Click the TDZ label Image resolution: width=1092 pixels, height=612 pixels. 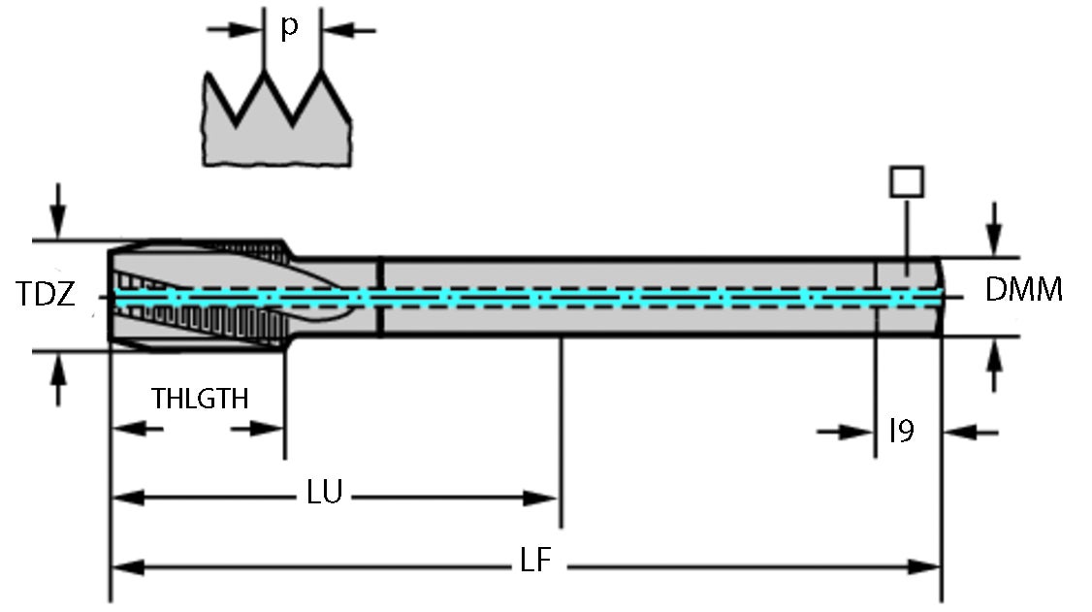point(46,295)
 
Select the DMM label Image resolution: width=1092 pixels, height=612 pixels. point(1023,289)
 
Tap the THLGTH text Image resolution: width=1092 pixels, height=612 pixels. point(200,399)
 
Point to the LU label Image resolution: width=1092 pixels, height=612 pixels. point(324,493)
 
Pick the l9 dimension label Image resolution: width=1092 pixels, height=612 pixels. point(902,431)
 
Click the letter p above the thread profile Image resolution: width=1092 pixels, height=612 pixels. point(289,27)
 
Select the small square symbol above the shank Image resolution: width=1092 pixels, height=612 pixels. point(906,181)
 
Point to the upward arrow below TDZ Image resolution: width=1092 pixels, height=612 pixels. point(59,378)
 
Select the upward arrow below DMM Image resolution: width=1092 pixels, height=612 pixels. point(993,367)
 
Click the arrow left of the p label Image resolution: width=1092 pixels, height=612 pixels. point(233,30)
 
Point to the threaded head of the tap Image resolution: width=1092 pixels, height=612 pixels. point(199,295)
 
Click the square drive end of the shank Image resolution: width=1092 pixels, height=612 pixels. point(908,296)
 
